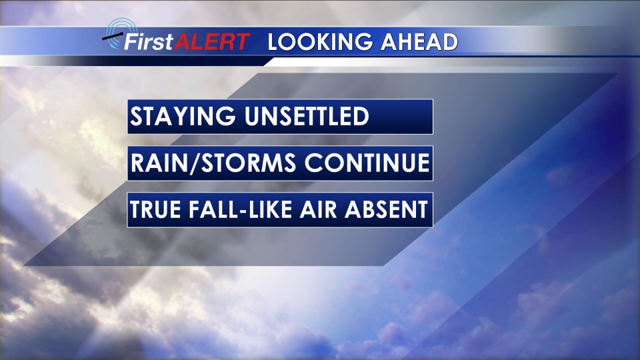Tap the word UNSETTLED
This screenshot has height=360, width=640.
click(x=307, y=116)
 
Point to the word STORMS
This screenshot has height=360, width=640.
click(x=249, y=163)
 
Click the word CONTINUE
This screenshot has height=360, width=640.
click(x=367, y=163)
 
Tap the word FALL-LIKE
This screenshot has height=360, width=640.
click(x=241, y=209)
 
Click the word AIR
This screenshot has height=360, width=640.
click(x=319, y=209)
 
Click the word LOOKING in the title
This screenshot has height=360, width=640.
click(x=321, y=42)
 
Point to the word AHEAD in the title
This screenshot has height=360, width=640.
click(x=419, y=42)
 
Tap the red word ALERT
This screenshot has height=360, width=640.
click(x=212, y=41)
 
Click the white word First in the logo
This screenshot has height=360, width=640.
click(x=149, y=41)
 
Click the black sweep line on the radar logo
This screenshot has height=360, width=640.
click(x=112, y=37)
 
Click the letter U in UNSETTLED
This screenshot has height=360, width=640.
click(x=253, y=116)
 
